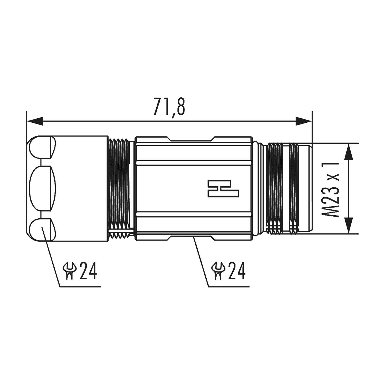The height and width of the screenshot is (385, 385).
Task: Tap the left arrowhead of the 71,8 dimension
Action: click(35, 121)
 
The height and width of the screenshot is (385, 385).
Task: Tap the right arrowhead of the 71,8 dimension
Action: click(303, 121)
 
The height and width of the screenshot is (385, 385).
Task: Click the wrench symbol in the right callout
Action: click(218, 271)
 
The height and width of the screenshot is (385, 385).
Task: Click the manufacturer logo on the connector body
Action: click(223, 189)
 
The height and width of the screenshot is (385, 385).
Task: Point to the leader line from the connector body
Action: click(201, 262)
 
